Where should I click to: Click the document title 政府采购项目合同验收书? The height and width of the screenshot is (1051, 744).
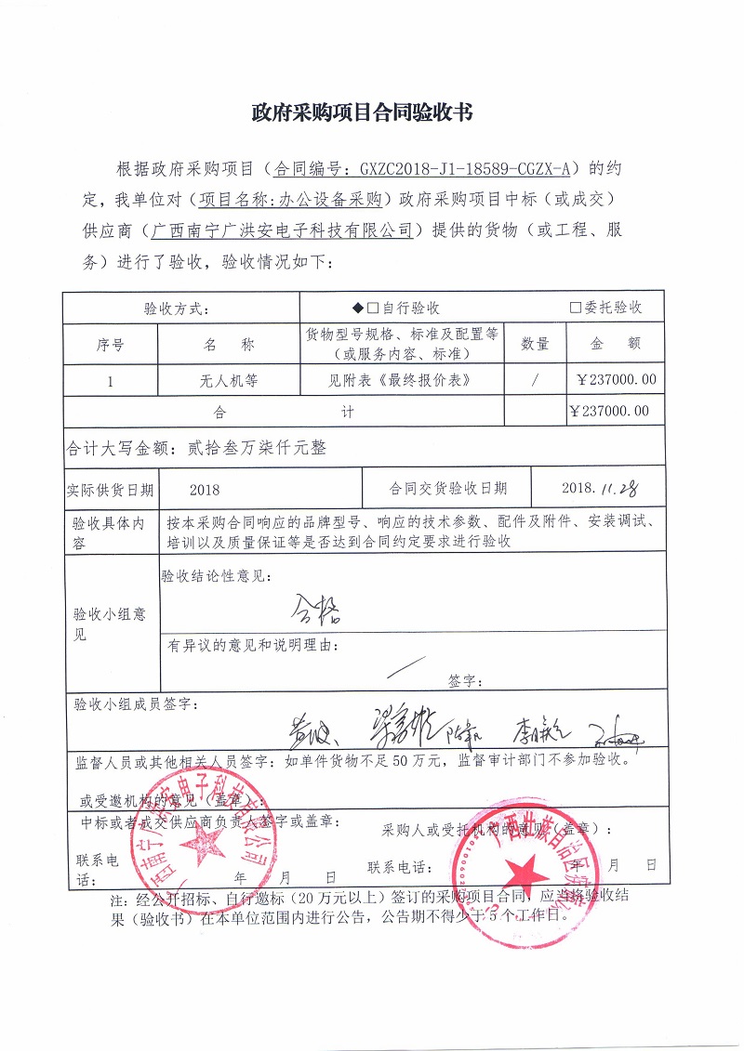point(363,113)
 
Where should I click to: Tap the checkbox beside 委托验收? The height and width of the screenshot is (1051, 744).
point(576,309)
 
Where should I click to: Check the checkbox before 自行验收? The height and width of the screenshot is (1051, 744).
point(372,309)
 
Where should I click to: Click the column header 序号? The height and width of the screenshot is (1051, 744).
point(110,344)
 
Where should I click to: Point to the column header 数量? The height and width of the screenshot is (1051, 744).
point(535,344)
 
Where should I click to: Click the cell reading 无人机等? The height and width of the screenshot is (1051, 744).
point(229,380)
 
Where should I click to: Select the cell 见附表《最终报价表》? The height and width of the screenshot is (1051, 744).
point(401,380)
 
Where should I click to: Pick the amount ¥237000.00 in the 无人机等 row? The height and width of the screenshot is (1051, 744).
point(616,380)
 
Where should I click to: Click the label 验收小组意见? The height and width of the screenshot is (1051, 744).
point(110,624)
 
